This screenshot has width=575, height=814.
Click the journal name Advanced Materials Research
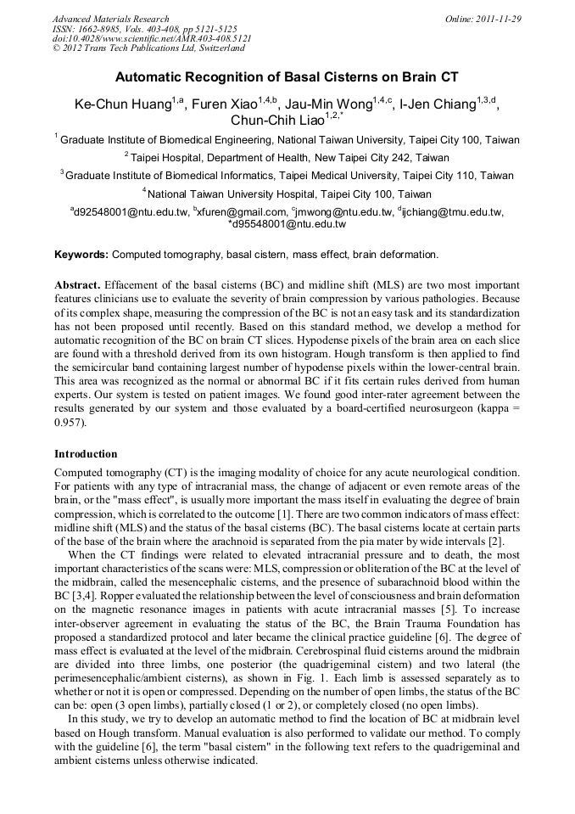(110, 19)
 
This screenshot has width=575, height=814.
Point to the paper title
(287, 77)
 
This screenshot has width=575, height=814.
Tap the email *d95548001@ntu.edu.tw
(287, 225)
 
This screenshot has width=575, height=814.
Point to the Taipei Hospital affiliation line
(287, 157)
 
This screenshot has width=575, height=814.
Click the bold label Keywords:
(81, 254)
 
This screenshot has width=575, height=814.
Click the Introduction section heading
(86, 454)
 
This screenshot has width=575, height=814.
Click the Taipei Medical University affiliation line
(287, 176)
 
